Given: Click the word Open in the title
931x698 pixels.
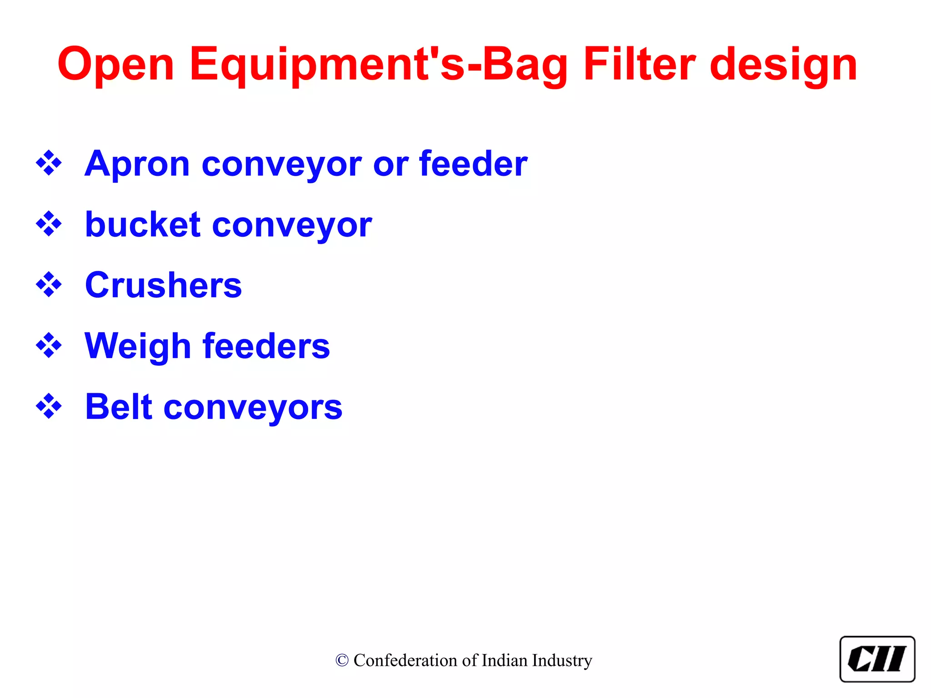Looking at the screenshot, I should (116, 65).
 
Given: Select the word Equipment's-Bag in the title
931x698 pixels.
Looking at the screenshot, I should (378, 65).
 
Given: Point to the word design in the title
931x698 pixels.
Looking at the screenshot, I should (783, 65).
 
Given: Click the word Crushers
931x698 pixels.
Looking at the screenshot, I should (163, 285).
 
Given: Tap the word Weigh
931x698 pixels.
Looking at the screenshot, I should (138, 346).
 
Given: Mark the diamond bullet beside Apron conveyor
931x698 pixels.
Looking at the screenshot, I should (49, 163).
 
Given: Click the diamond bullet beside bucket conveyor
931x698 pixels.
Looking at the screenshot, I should (49, 224).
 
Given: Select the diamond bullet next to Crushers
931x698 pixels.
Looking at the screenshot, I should (49, 285).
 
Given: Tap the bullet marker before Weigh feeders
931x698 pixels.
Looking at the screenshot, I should (49, 346).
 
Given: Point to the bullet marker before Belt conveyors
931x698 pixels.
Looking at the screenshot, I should (49, 406).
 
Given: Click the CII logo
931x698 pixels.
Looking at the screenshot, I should (877, 659).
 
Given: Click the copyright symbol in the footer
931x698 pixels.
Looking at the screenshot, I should (342, 661).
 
